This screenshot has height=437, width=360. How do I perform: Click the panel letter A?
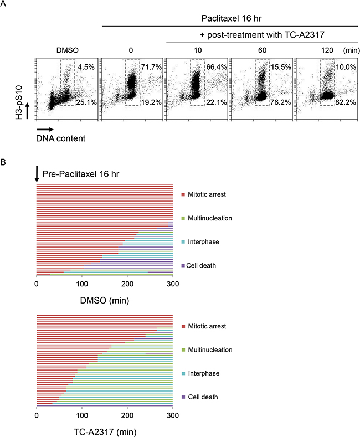tap(5, 7)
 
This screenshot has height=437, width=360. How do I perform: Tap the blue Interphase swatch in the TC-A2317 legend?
tap(183, 374)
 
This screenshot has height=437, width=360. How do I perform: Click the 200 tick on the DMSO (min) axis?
tap(127, 285)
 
